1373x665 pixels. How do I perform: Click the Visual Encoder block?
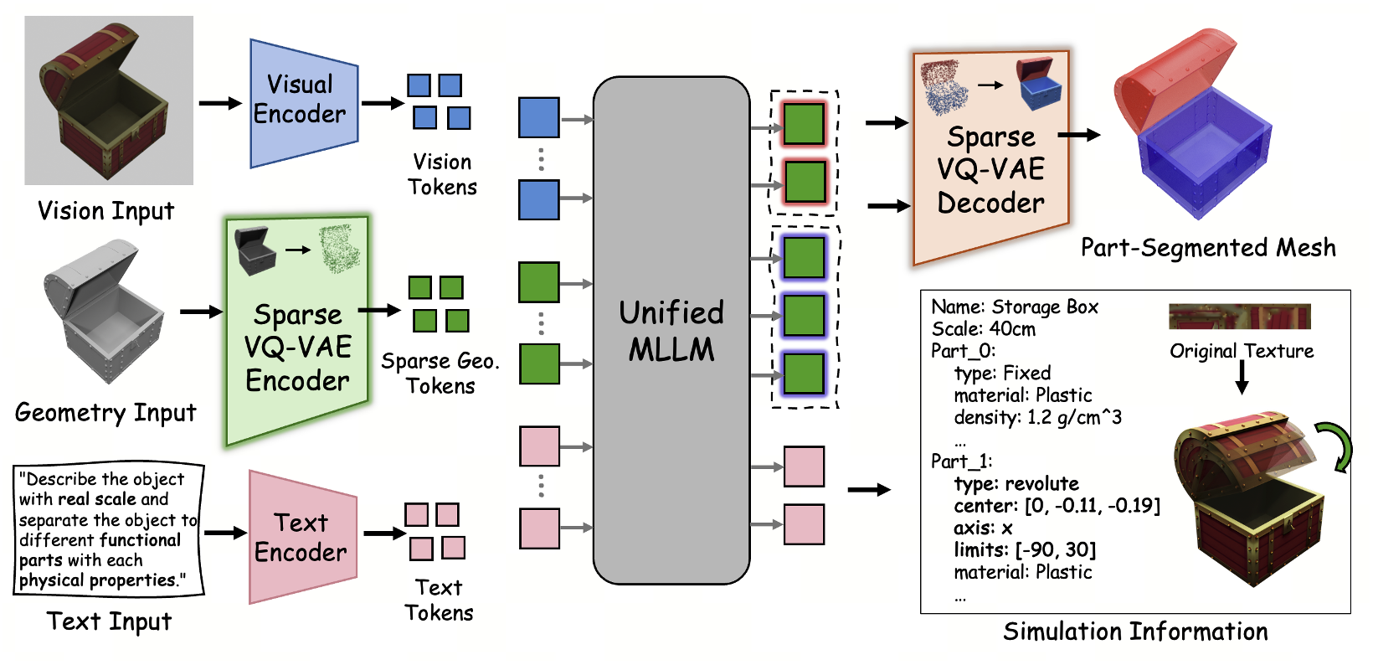(303, 101)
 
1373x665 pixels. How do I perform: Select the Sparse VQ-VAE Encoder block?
(297, 335)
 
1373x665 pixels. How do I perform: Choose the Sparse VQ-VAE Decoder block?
(990, 159)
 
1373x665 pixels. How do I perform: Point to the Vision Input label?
(106, 211)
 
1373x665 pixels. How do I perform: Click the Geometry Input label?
(105, 413)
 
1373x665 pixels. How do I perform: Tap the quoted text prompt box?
(108, 529)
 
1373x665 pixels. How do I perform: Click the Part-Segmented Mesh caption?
(1207, 248)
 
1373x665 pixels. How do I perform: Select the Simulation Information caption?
(1135, 631)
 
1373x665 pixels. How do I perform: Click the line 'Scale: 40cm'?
(983, 329)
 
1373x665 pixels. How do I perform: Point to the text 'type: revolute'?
(1016, 484)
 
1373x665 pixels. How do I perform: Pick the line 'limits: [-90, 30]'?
(1024, 550)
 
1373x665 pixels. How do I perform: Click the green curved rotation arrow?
(1335, 446)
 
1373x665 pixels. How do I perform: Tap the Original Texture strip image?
(1239, 317)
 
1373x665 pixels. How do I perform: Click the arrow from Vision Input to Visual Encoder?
(220, 103)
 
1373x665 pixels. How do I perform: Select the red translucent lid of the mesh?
(1172, 84)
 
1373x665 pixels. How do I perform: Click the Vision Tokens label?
(442, 174)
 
